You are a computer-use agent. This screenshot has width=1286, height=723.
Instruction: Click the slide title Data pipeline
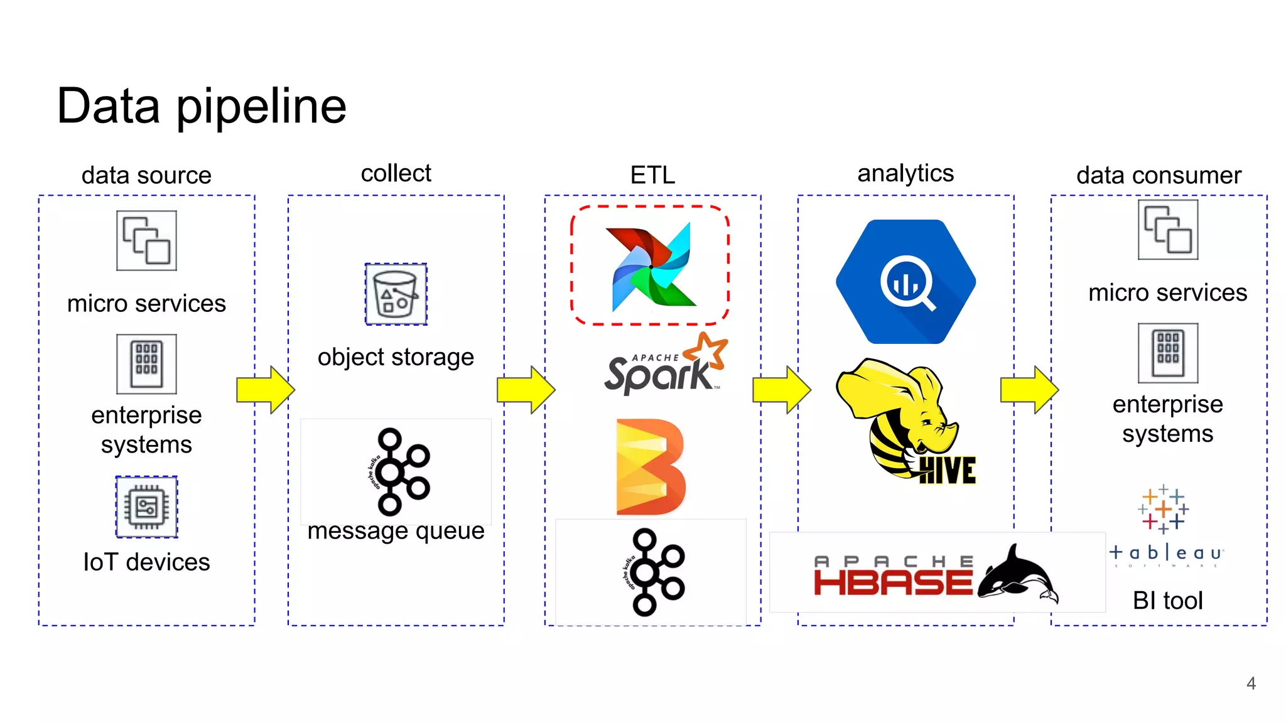click(x=201, y=106)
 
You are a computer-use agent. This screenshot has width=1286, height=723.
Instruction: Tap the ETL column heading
click(x=652, y=174)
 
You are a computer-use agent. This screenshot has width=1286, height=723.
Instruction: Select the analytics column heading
click(x=905, y=173)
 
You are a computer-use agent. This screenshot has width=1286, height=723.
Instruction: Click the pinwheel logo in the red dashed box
click(x=651, y=266)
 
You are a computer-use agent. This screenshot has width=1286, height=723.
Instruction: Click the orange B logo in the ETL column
click(x=650, y=467)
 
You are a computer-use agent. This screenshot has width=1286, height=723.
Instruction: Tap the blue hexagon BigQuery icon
click(x=905, y=282)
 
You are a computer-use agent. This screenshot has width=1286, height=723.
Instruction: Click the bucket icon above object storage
click(x=396, y=294)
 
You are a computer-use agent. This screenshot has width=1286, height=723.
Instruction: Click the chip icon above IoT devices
click(x=146, y=506)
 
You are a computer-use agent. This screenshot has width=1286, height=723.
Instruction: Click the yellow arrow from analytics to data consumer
click(x=1029, y=390)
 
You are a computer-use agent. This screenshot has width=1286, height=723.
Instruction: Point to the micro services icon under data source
click(x=146, y=240)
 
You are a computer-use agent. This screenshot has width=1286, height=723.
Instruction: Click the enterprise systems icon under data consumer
click(x=1167, y=353)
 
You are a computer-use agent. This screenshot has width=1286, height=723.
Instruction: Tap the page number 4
click(x=1251, y=683)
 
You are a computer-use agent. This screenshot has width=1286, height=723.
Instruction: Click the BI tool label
click(x=1167, y=601)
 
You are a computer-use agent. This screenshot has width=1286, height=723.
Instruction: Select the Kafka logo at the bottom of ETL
click(x=656, y=572)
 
